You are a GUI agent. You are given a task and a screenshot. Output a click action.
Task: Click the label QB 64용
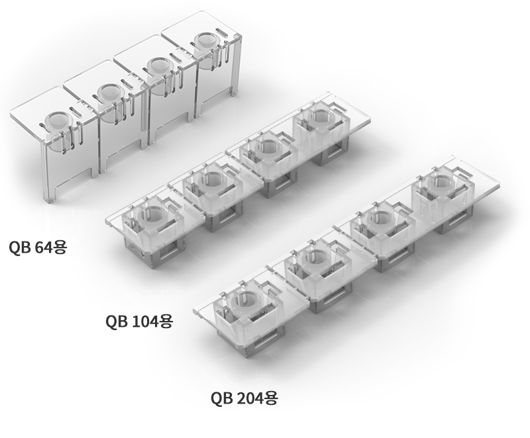click(x=38, y=247)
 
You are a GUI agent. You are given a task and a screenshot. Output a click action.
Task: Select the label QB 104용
click(x=139, y=321)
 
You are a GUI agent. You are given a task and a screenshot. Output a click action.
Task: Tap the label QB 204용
click(x=244, y=398)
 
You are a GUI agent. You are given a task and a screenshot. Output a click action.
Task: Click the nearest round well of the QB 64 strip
click(x=58, y=120)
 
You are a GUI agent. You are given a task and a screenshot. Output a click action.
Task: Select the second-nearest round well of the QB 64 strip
click(x=111, y=93)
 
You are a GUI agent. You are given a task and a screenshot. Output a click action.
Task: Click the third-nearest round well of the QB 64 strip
click(x=160, y=66)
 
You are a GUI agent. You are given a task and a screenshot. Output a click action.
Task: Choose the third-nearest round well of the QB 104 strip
click(x=268, y=147)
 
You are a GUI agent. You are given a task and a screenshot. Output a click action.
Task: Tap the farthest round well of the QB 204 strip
click(x=441, y=183)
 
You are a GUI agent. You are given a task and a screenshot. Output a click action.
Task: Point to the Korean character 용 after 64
click(x=61, y=247)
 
